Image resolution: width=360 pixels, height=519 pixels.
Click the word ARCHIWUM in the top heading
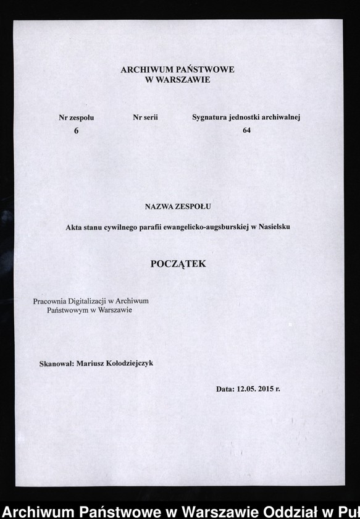tap(145, 70)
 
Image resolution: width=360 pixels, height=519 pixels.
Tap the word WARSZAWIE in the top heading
tap(183, 80)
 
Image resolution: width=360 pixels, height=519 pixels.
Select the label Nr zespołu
tap(77, 117)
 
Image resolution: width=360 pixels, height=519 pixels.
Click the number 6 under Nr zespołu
tap(76, 130)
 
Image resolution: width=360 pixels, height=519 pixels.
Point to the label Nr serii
tap(145, 117)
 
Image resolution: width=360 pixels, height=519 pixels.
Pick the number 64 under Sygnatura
tap(246, 130)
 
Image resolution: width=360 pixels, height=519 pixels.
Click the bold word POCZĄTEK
tap(178, 264)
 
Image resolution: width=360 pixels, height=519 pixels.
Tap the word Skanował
tap(57, 364)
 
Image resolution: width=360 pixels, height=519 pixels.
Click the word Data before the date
tap(225, 390)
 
